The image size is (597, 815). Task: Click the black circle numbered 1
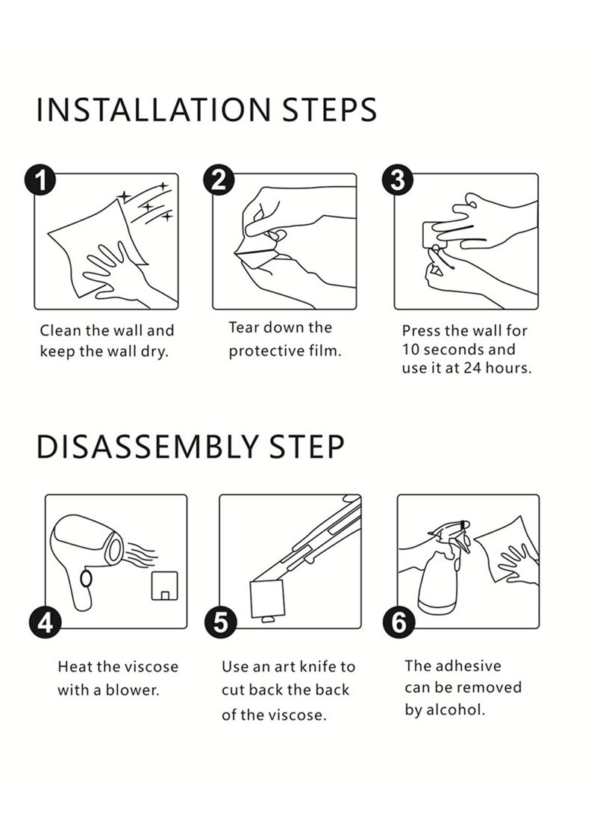[x=40, y=180]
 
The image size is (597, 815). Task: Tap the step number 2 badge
[x=219, y=180]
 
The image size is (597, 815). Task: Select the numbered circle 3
[x=398, y=180]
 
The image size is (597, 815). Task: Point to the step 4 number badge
[x=46, y=622]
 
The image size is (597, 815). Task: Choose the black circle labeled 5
[x=221, y=622]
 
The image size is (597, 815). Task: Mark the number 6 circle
[x=398, y=622]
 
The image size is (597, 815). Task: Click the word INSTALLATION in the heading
[x=154, y=110]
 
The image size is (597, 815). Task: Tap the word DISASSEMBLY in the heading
[x=147, y=447]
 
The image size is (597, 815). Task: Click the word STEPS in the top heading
[x=329, y=110]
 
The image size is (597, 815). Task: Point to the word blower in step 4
[x=132, y=690]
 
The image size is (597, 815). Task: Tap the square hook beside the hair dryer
[x=165, y=586]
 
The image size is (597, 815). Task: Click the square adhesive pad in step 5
[x=267, y=599]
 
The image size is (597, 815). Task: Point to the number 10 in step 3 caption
[x=410, y=350]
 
